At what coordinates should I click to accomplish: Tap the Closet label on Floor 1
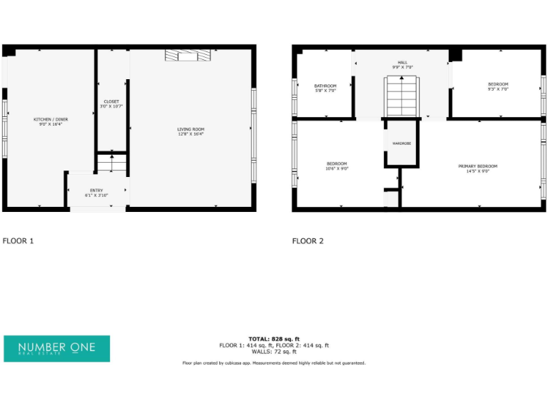click(x=111, y=102)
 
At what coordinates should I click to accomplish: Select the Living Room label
click(x=191, y=129)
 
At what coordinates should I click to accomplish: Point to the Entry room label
click(x=96, y=191)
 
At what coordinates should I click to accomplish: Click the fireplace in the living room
click(x=189, y=56)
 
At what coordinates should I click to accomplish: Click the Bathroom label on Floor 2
click(x=325, y=86)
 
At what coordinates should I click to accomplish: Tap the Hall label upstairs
click(x=403, y=63)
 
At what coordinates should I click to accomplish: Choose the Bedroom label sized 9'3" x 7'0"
click(x=497, y=85)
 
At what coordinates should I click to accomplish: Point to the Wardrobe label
click(x=402, y=143)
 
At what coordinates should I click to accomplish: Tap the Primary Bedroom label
click(x=477, y=166)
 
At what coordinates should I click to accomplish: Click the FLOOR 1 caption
click(x=19, y=241)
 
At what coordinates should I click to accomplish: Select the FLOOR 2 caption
click(x=308, y=241)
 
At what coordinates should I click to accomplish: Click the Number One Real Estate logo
click(x=57, y=348)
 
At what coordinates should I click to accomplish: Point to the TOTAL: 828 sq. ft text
click(x=274, y=339)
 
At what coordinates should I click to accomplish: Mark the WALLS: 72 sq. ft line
click(x=274, y=352)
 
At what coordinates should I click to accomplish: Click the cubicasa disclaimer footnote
click(x=274, y=363)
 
